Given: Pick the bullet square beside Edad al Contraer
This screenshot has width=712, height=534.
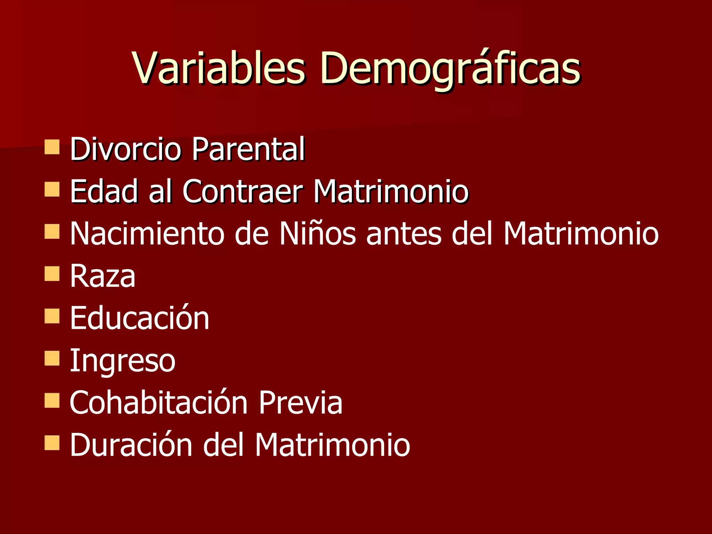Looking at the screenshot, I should click(52, 189).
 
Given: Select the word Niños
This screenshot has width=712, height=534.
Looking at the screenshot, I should click(317, 233).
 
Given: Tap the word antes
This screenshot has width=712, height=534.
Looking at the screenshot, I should click(404, 233).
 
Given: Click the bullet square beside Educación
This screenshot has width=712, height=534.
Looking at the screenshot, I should click(52, 316).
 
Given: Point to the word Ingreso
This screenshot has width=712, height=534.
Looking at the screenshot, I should click(122, 361).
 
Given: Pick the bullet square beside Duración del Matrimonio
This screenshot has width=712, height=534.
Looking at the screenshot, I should click(52, 443).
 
